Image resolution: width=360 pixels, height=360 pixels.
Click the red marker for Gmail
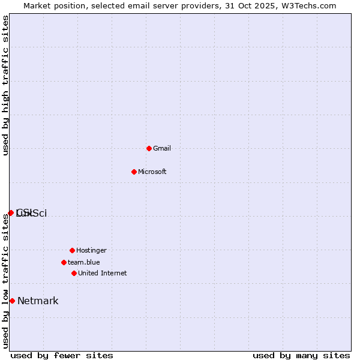click(x=149, y=148)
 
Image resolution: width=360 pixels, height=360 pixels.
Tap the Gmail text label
click(x=162, y=148)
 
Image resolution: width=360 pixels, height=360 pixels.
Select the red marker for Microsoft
click(x=134, y=172)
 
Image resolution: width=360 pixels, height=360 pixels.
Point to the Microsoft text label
click(x=152, y=172)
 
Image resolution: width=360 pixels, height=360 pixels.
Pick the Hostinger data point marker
click(x=72, y=250)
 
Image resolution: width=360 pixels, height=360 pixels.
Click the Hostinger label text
click(x=91, y=250)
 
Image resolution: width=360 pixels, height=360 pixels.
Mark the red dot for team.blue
click(x=64, y=262)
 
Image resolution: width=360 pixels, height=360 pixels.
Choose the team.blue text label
click(x=83, y=262)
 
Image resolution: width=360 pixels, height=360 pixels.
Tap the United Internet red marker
click(x=74, y=273)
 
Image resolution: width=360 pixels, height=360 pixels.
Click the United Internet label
click(x=102, y=273)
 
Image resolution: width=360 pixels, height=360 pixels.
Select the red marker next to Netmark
click(x=12, y=301)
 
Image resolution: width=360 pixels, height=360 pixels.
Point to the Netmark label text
click(x=38, y=301)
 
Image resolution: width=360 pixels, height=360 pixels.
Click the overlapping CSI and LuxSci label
click(x=31, y=213)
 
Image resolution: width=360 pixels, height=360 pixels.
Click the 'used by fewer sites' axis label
click(x=62, y=355)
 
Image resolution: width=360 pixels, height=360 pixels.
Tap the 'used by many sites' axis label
click(x=301, y=355)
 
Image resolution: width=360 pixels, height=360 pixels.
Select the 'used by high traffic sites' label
click(x=6, y=85)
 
